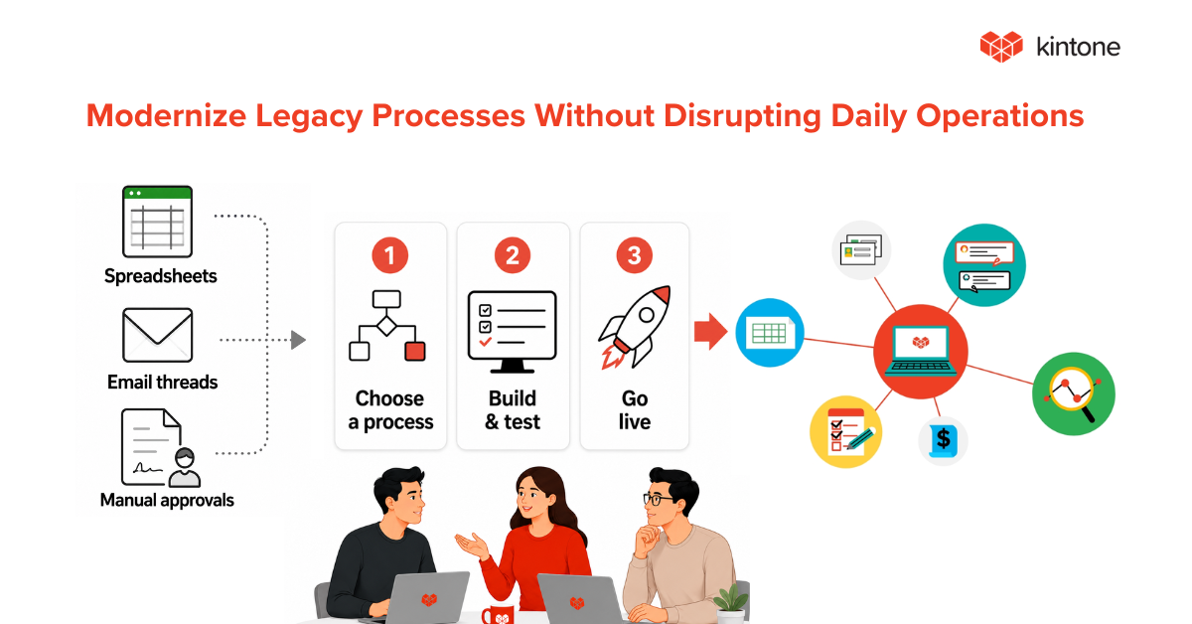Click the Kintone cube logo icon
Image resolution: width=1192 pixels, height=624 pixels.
(1001, 47)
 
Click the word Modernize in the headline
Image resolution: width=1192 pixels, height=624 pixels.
(166, 115)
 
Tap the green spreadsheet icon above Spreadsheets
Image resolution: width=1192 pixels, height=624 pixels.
(157, 222)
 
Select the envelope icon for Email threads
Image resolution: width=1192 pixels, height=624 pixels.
(157, 336)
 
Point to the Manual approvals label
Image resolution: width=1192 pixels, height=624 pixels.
(167, 500)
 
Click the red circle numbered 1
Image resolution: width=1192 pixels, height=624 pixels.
(390, 255)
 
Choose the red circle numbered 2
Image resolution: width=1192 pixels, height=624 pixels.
(513, 255)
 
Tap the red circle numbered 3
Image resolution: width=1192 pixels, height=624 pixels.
(635, 255)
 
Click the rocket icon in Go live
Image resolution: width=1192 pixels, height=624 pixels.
(635, 327)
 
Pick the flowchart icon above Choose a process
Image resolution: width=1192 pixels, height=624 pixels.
(386, 326)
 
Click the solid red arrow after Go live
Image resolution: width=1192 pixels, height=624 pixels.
(711, 332)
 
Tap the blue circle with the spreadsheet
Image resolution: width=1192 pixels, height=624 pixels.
(770, 333)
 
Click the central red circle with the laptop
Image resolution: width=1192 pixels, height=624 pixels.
(921, 352)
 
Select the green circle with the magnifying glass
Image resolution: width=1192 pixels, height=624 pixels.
(1074, 394)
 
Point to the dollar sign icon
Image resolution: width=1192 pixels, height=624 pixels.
(943, 440)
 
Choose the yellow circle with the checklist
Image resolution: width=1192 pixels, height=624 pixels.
(845, 432)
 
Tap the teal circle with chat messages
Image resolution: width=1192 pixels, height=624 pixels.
(984, 265)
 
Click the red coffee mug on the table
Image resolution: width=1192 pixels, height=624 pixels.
(498, 614)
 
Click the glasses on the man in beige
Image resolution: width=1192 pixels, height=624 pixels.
(658, 500)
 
